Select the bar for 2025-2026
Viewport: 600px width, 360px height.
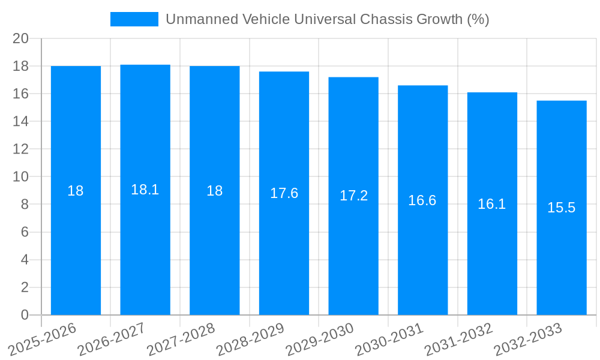coord(76,191)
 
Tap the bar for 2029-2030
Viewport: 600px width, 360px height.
coord(353,196)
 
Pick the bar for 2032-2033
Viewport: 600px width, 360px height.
coord(562,208)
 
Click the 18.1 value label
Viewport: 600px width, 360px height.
coord(145,190)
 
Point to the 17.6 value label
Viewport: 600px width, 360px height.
coord(284,193)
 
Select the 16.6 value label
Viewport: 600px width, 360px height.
coord(422,200)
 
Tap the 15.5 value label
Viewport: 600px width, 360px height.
coord(562,208)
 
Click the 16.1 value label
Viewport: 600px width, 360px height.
coord(492,204)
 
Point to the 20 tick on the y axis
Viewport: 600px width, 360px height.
coord(21,38)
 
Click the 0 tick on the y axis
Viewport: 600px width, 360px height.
coord(25,315)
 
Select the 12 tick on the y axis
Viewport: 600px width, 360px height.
coord(21,149)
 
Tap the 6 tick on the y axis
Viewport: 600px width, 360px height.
coord(25,232)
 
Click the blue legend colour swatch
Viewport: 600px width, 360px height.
coord(134,19)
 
